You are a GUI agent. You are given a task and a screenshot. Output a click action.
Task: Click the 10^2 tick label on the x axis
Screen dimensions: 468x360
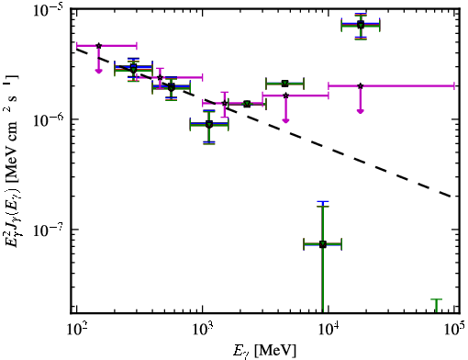click(75, 330)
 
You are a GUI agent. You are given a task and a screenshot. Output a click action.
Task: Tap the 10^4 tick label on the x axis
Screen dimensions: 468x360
click(328, 330)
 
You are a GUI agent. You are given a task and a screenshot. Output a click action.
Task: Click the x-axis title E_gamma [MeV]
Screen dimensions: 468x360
click(265, 350)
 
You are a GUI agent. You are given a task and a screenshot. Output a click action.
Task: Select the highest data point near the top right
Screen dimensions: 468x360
click(361, 25)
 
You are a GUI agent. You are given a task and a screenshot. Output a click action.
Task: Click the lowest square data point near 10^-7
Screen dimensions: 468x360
click(322, 244)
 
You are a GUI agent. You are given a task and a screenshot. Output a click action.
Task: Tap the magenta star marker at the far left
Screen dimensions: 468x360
click(98, 46)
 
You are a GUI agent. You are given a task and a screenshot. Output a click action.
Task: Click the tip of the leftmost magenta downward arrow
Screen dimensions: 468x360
click(98, 73)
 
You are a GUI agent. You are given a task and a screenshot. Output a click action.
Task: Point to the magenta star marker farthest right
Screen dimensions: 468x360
click(361, 86)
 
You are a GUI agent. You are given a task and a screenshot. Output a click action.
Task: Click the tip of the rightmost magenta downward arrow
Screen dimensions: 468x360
click(361, 113)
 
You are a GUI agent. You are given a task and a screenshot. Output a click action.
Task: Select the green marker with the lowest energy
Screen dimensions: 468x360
click(133, 70)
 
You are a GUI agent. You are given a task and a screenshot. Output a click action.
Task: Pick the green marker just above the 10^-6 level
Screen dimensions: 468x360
click(209, 124)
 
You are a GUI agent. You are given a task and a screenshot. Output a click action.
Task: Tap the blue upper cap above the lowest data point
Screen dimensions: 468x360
click(323, 202)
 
